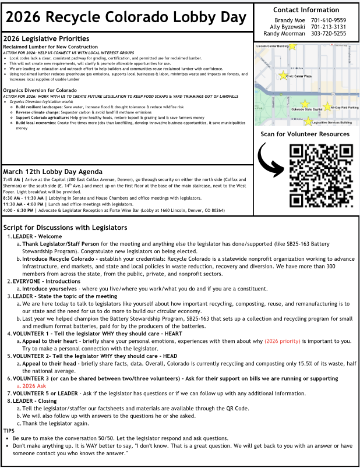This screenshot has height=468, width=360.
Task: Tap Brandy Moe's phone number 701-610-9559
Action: point(329,20)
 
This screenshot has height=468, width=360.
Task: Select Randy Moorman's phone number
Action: point(329,34)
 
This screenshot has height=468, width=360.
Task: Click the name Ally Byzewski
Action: point(288,27)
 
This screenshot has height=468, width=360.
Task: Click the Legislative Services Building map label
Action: point(331,123)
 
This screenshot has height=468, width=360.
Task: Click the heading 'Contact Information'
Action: point(306,10)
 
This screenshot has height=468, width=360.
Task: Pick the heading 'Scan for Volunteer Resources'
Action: point(305,134)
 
